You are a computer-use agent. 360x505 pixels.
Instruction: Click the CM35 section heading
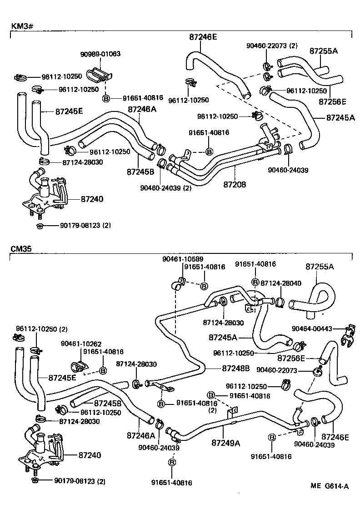pyautogui.click(x=20, y=248)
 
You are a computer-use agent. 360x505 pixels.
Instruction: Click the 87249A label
pyautogui.click(x=225, y=442)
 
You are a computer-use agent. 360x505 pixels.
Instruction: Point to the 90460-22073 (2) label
pyautogui.click(x=271, y=45)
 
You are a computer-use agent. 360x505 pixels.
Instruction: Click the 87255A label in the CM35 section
pyautogui.click(x=319, y=266)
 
